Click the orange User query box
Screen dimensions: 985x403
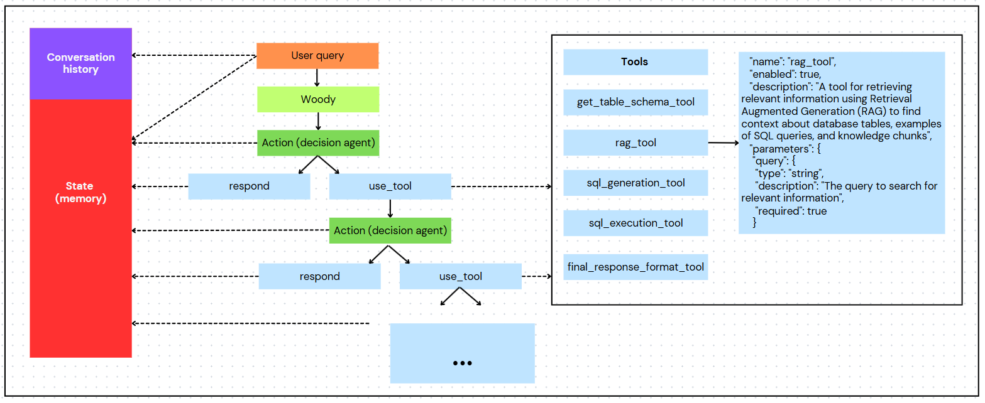click(x=317, y=56)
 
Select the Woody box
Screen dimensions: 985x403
click(x=318, y=99)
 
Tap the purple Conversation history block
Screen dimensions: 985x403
click(x=81, y=63)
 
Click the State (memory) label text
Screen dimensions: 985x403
click(x=80, y=192)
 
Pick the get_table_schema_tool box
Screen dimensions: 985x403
click(x=636, y=102)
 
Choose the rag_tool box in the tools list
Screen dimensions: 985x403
click(x=636, y=142)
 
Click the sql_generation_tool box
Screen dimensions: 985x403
click(x=636, y=183)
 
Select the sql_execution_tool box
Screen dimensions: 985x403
click(x=636, y=223)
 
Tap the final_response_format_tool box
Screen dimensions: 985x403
click(x=636, y=267)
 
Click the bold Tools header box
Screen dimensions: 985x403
click(x=636, y=62)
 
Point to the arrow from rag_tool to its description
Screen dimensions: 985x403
click(x=724, y=142)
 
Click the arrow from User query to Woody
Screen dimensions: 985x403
click(x=317, y=78)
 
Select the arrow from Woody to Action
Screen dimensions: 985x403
click(x=318, y=121)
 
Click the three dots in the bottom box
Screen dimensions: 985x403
click(x=462, y=363)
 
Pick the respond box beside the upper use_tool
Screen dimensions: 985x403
click(x=250, y=186)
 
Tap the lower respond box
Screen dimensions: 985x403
click(x=320, y=276)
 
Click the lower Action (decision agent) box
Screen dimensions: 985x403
click(x=390, y=230)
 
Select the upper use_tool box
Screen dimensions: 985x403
click(x=390, y=186)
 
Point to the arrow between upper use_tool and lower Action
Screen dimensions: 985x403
click(x=390, y=208)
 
